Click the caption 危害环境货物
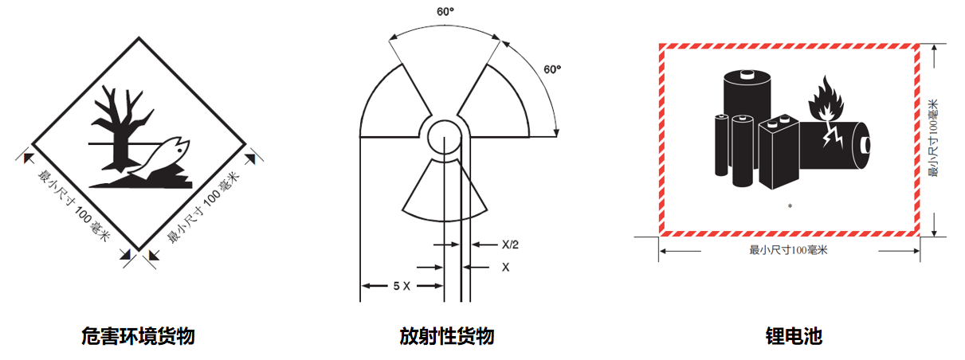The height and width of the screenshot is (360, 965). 138,337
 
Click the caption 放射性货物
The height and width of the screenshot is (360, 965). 447,337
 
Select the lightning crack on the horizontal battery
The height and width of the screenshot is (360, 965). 837,137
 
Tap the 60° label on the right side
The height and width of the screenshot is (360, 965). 552,69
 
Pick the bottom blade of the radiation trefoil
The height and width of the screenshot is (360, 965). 445,191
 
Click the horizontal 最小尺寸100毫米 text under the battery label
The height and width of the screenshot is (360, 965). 789,250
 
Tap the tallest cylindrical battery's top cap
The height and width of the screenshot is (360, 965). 747,76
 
